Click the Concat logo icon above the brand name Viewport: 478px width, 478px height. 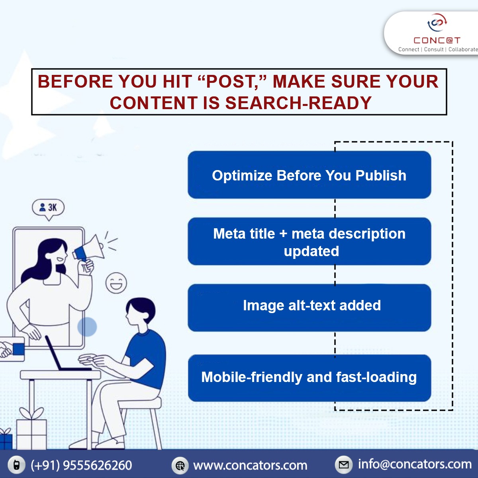coord(437,23)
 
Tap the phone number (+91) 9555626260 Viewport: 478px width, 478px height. coord(81,465)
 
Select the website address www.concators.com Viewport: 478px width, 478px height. coord(250,465)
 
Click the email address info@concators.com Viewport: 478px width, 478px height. coord(414,464)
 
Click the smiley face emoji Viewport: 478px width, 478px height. coord(116,283)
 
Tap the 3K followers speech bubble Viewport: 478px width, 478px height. coord(48,208)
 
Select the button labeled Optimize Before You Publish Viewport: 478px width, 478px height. coord(309,175)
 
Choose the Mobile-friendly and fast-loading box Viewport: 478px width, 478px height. coord(309,378)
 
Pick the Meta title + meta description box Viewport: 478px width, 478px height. coord(309,242)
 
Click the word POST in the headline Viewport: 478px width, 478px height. coord(230,82)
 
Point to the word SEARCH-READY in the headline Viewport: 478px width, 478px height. coord(298,103)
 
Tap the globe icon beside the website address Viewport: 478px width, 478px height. coord(180,465)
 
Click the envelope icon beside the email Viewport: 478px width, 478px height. coord(343,464)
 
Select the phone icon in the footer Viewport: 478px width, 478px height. coord(17,465)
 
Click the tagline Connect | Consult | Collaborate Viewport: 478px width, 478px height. coord(438,49)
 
